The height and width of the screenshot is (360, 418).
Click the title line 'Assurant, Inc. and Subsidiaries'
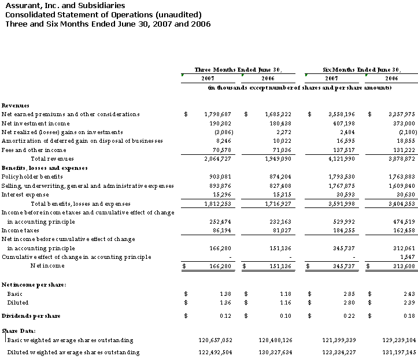[64, 5]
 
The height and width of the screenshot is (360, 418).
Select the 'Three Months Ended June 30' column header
[238, 69]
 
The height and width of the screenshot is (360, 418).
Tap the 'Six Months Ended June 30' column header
[361, 69]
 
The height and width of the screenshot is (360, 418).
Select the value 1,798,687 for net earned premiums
[215, 114]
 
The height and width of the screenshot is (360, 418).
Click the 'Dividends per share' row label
[31, 316]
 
